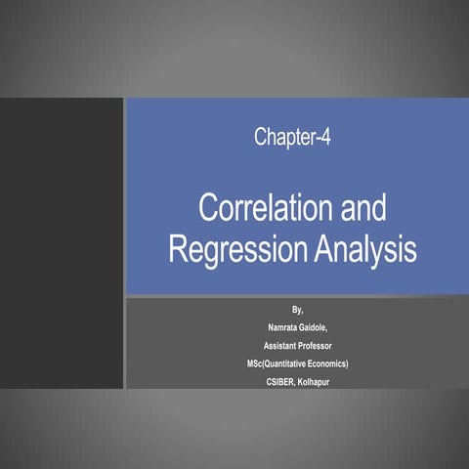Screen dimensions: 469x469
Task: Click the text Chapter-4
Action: tap(292, 137)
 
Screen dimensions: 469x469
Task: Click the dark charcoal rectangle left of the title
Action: tap(62, 243)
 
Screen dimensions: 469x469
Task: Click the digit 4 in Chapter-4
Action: tap(325, 137)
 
